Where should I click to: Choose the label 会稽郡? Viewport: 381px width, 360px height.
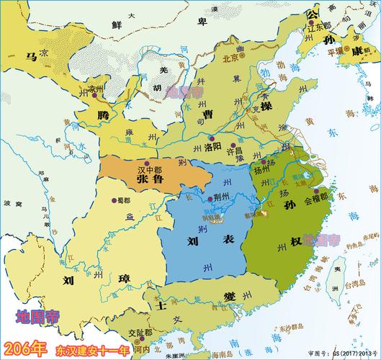pos(317,195)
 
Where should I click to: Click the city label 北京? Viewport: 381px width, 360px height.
pos(230,58)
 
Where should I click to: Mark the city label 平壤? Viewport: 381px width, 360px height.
pos(337,52)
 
